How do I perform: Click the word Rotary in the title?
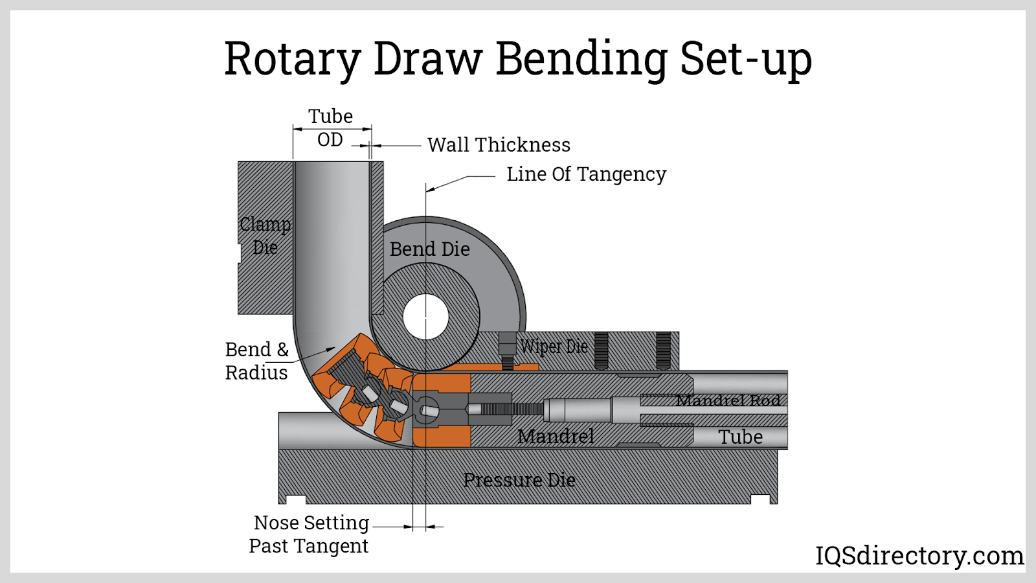292,60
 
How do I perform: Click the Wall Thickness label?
499,145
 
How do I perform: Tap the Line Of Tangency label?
586,174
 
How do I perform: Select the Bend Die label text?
429,249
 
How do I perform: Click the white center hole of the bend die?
425,317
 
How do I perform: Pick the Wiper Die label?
554,347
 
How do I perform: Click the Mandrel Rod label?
728,400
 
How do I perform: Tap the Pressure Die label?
519,480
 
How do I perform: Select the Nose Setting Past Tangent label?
310,534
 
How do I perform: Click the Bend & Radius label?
256,361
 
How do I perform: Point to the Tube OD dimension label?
330,128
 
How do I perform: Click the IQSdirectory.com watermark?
919,556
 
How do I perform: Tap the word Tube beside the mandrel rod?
741,437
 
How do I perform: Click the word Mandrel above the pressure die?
556,436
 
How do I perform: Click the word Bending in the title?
581,60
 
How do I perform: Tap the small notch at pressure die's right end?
760,499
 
